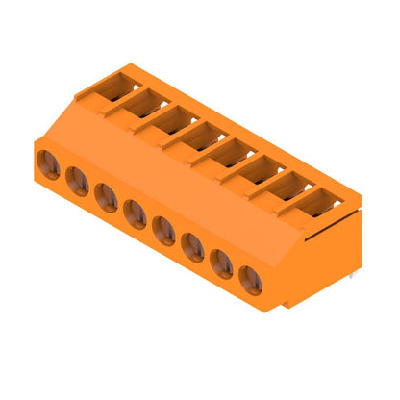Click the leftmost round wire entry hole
(x=49, y=164)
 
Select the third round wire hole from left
(x=107, y=198)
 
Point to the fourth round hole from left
(x=136, y=214)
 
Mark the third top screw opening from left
(x=174, y=118)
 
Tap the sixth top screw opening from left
(x=261, y=168)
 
